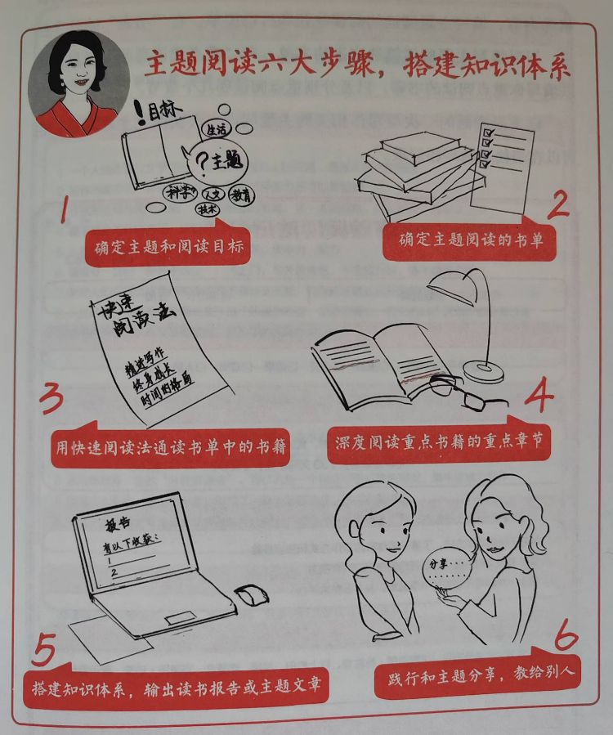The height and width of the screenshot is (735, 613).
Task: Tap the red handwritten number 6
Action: point(564,633)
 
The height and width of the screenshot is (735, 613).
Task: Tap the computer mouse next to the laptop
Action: point(252,594)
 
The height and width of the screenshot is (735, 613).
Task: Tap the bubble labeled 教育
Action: point(240,195)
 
